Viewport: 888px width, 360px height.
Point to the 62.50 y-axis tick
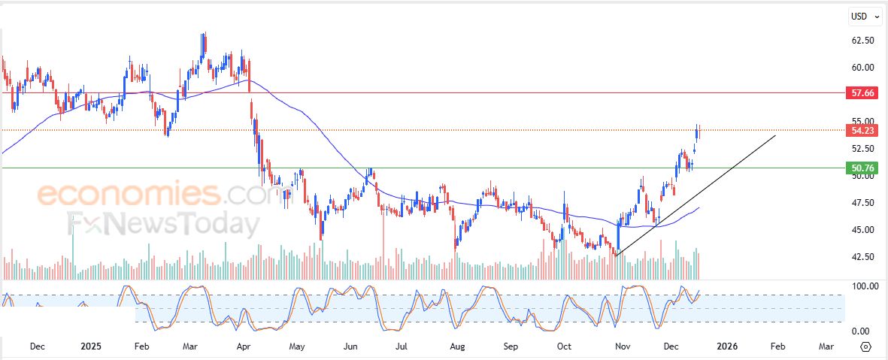tap(862, 41)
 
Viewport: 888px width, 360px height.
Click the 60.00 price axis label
tap(862, 68)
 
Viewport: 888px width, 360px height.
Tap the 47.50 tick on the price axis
tap(862, 203)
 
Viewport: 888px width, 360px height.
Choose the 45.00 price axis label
tap(862, 230)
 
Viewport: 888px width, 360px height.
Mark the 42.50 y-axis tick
tap(862, 257)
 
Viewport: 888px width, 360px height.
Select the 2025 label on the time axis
tap(90, 346)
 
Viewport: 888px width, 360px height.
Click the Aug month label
tap(456, 346)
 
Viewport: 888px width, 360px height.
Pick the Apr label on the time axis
tap(243, 346)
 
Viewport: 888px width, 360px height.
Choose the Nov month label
tap(622, 346)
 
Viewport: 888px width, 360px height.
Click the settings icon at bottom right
tap(865, 346)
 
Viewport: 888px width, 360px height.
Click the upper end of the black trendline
tap(775, 135)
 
